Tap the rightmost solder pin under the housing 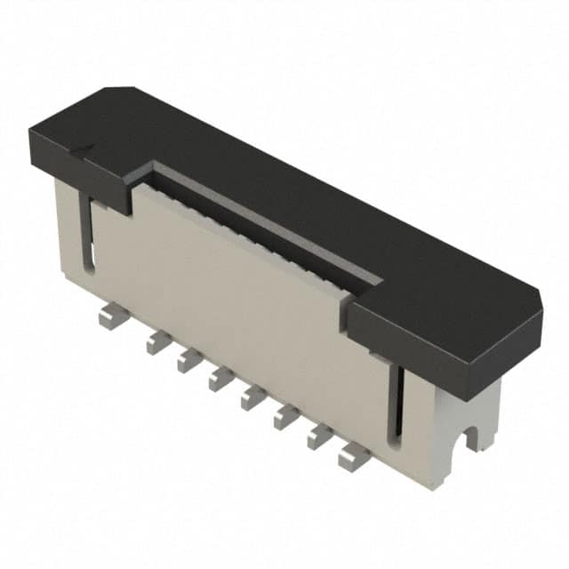[353, 457]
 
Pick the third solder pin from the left [189, 360]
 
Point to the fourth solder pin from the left [221, 380]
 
